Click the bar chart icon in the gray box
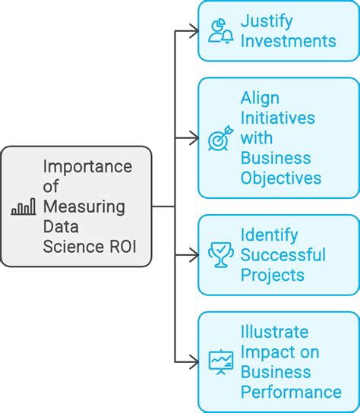point(23,206)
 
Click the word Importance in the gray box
point(87,167)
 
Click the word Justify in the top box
point(266,20)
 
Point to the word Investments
point(288,40)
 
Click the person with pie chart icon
point(220,30)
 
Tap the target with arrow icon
point(220,139)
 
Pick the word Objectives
point(281,178)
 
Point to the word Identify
point(269,235)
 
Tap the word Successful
point(283,255)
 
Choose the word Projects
point(273,275)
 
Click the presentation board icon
point(220,361)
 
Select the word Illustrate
point(274,333)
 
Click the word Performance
point(291,392)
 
